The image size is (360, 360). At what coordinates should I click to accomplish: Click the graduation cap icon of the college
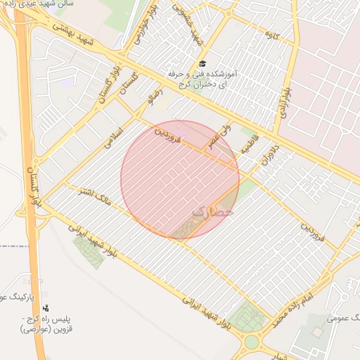(x=202, y=63)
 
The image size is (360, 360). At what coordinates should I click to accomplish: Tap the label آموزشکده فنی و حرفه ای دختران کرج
(x=202, y=78)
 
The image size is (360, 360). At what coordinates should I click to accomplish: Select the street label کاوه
(x=273, y=34)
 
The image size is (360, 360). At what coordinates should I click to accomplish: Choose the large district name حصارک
(x=211, y=210)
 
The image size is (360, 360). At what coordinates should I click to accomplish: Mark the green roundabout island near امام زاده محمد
(x=251, y=342)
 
